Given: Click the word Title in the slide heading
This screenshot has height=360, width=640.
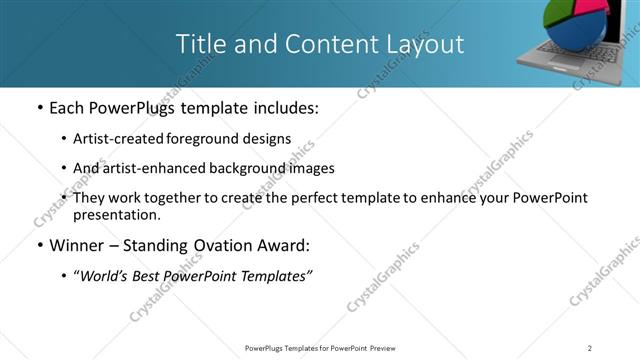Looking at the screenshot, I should [x=199, y=44].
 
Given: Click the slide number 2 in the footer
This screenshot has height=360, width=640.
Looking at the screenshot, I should [x=590, y=347].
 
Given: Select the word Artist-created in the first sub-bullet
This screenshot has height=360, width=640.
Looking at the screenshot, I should [x=115, y=138].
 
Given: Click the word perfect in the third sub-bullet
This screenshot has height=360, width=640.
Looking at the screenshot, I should [x=340, y=198].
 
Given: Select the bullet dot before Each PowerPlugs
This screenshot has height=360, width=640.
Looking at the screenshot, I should [x=38, y=108].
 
